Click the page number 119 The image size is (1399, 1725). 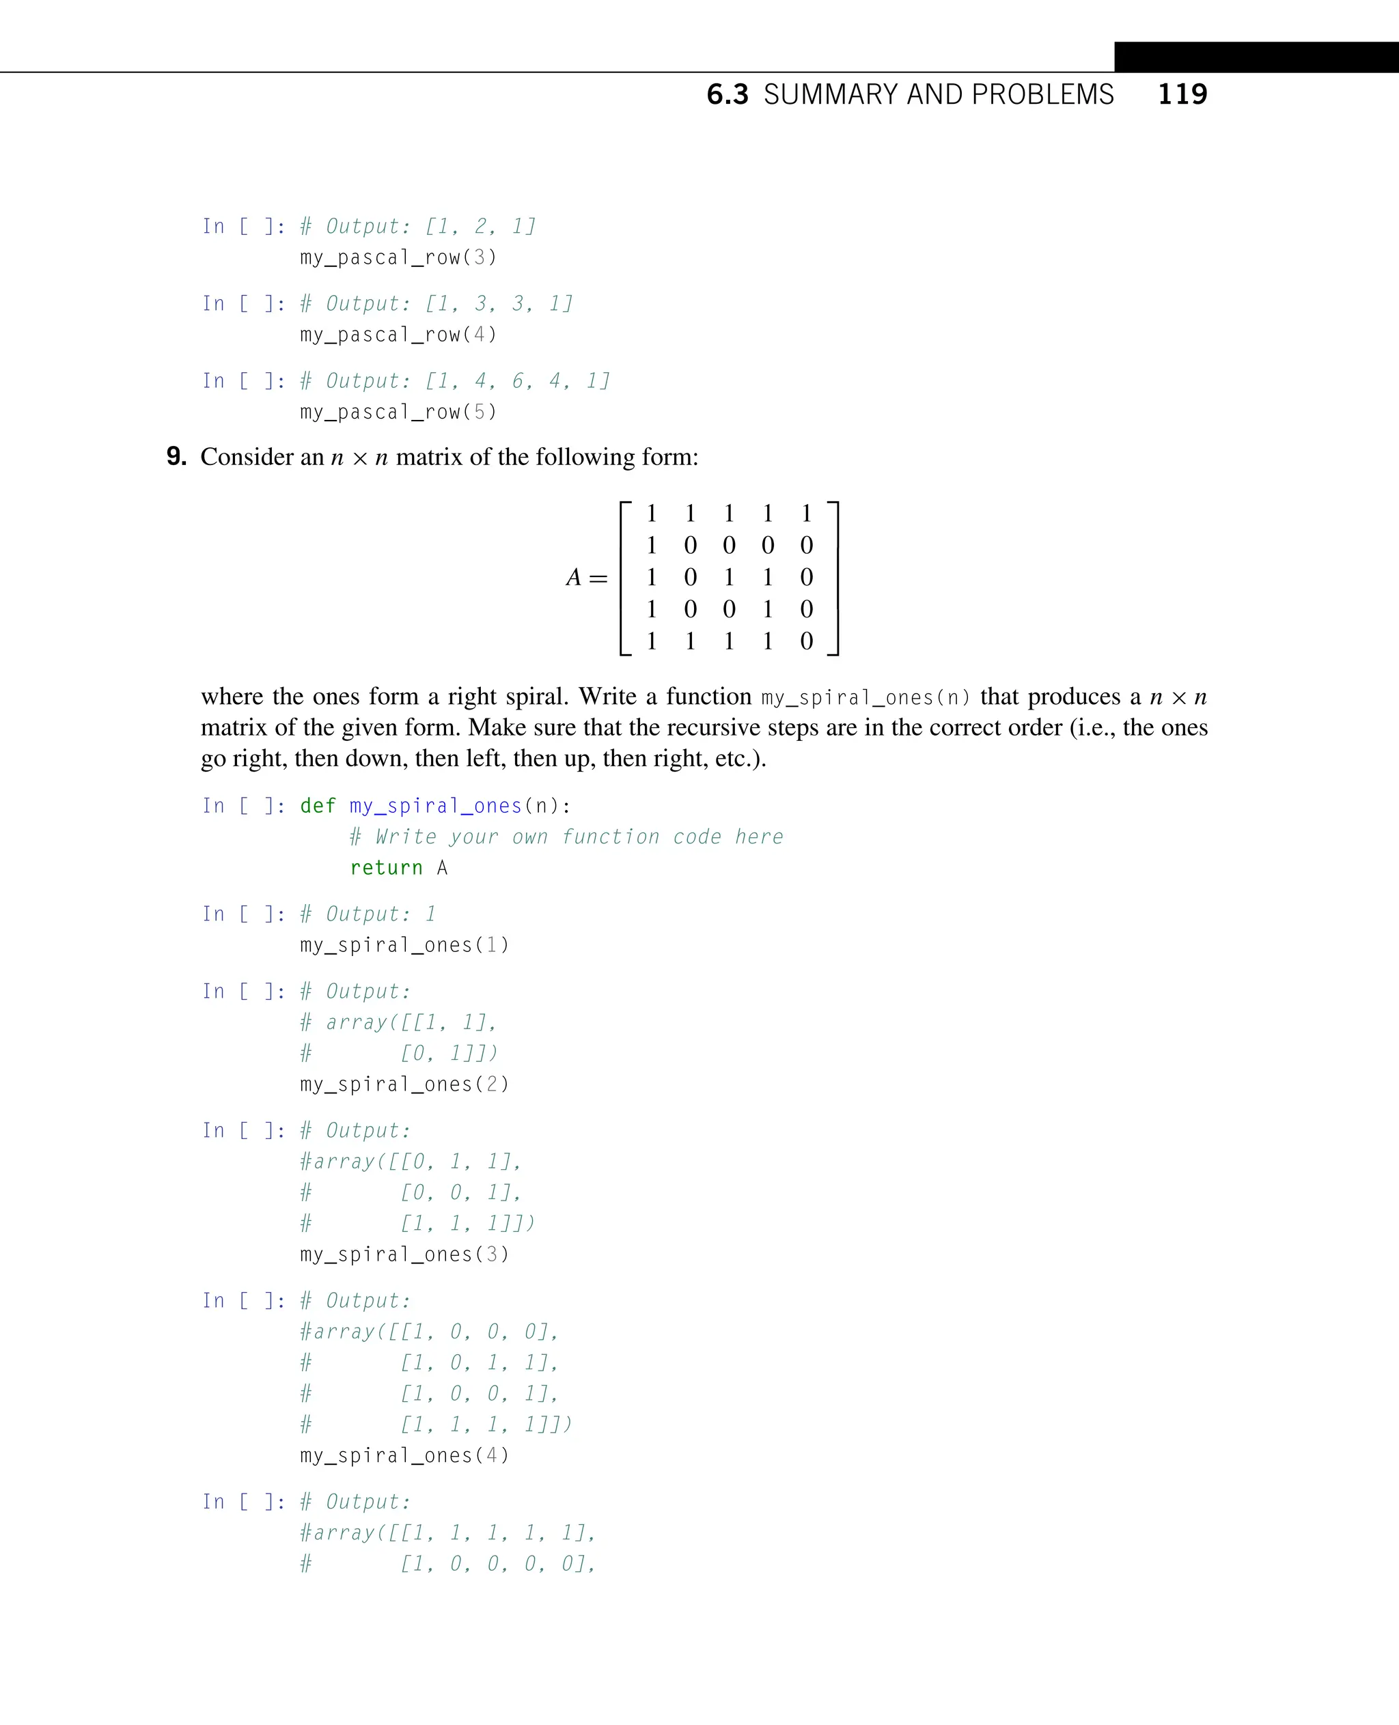tap(1182, 94)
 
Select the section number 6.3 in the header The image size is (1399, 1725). tap(727, 95)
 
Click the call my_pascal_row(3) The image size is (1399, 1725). tap(398, 258)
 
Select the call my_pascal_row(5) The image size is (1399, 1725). tap(398, 412)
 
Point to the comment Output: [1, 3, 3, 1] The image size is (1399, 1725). tap(436, 304)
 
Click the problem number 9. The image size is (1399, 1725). tap(176, 457)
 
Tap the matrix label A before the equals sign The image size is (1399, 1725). tap(574, 578)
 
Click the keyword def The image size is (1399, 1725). tap(318, 806)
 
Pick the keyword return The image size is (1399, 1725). tap(386, 868)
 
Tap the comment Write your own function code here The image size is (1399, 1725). tap(566, 837)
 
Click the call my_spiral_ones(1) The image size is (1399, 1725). tap(404, 945)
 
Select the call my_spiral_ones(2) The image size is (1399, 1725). tap(404, 1084)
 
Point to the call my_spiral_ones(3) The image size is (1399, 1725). tap(404, 1254)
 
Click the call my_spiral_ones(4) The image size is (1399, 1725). tap(404, 1456)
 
